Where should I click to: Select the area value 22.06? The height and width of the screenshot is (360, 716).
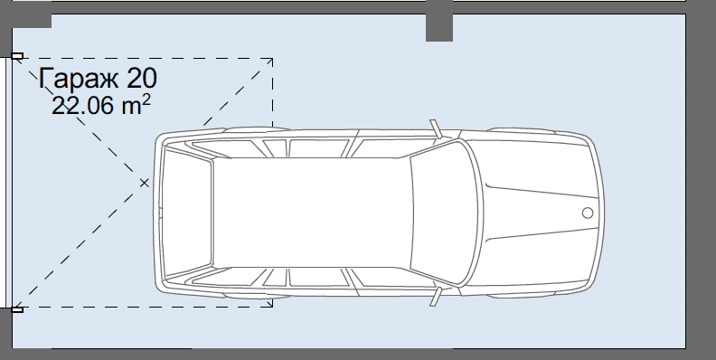point(82,106)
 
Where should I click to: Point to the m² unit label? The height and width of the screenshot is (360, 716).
point(137,105)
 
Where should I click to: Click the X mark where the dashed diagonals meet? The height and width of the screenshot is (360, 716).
point(145,184)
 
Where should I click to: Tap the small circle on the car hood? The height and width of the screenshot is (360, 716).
point(588,213)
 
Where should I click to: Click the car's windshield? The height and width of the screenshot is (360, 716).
point(446,213)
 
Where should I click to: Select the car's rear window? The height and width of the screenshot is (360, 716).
point(187,213)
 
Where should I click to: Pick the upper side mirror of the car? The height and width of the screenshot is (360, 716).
point(436,128)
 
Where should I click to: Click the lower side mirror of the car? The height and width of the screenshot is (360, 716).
point(436,297)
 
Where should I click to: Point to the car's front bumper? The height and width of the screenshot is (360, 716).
point(599,213)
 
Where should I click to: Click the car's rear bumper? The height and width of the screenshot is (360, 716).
point(156,213)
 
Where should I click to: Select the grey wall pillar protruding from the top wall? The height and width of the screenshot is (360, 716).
point(439,27)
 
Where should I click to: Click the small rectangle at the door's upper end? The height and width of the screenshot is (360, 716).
point(17,56)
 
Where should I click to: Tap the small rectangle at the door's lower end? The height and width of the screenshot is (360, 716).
point(17,309)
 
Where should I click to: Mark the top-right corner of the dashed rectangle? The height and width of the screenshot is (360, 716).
point(273,59)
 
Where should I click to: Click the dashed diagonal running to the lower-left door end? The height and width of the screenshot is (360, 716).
point(80,246)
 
